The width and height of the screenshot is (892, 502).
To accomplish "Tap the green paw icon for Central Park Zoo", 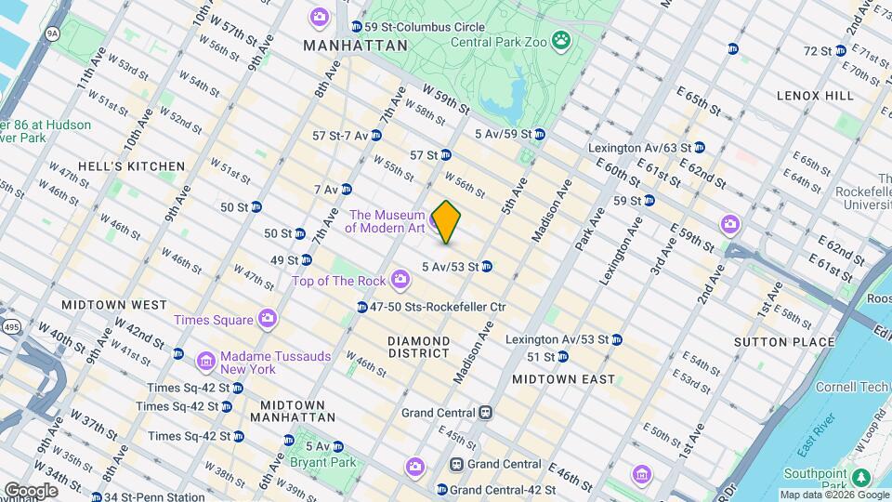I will click(x=561, y=40).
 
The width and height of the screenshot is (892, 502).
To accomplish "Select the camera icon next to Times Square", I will click(x=268, y=320).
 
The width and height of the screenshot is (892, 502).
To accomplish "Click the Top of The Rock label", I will click(x=340, y=280).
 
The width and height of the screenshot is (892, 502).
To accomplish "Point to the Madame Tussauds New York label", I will click(x=249, y=362).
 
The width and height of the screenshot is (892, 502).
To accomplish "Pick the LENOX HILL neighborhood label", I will click(x=815, y=96).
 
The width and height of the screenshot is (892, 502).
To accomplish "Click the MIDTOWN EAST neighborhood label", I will click(x=563, y=379).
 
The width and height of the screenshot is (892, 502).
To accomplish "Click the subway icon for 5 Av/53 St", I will click(x=486, y=267).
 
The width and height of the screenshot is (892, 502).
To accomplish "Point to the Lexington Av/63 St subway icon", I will click(x=699, y=147).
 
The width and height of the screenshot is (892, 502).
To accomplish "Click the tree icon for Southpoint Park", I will click(x=862, y=477).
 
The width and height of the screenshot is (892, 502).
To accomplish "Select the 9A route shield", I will click(x=52, y=33).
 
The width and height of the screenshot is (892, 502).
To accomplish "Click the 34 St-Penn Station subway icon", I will click(x=96, y=496).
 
